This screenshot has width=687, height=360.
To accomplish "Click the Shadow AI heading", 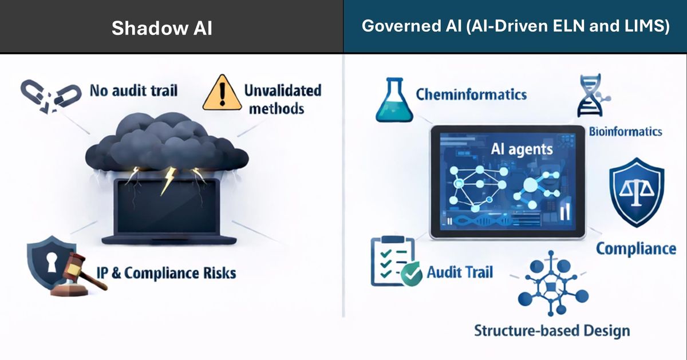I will [x=162, y=28].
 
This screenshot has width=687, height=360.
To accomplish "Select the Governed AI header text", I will [x=515, y=26].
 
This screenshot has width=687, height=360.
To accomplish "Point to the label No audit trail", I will [x=133, y=90].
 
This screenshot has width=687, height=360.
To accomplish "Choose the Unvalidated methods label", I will [x=282, y=99].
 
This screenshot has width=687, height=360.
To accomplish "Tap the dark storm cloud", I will [x=166, y=143].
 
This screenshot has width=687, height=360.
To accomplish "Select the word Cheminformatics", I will [x=471, y=94].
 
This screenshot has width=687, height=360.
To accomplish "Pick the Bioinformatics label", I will [x=625, y=132].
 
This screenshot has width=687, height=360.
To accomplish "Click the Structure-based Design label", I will [x=552, y=330].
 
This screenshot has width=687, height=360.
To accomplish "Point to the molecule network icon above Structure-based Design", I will [x=552, y=284].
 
